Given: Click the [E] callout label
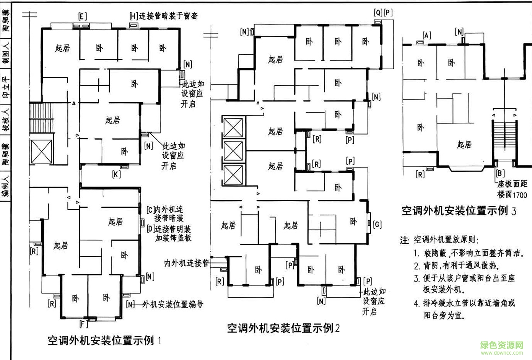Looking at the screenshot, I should [82, 16].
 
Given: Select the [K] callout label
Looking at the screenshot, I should [117, 174].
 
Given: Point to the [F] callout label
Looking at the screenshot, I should [83, 324].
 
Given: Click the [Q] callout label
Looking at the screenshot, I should [378, 13].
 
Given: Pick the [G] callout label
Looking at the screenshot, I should [377, 224].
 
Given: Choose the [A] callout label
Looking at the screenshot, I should [427, 36].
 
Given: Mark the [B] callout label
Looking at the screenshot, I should [500, 173].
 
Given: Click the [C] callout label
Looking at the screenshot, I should [150, 210].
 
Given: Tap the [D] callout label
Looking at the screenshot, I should [150, 229].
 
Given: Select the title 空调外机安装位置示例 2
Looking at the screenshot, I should [283, 328].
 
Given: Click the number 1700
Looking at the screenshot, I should [520, 195].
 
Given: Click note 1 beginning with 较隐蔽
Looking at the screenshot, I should [469, 253].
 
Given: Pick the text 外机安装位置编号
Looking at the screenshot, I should [172, 305].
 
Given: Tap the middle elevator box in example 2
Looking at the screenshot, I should [233, 151].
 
